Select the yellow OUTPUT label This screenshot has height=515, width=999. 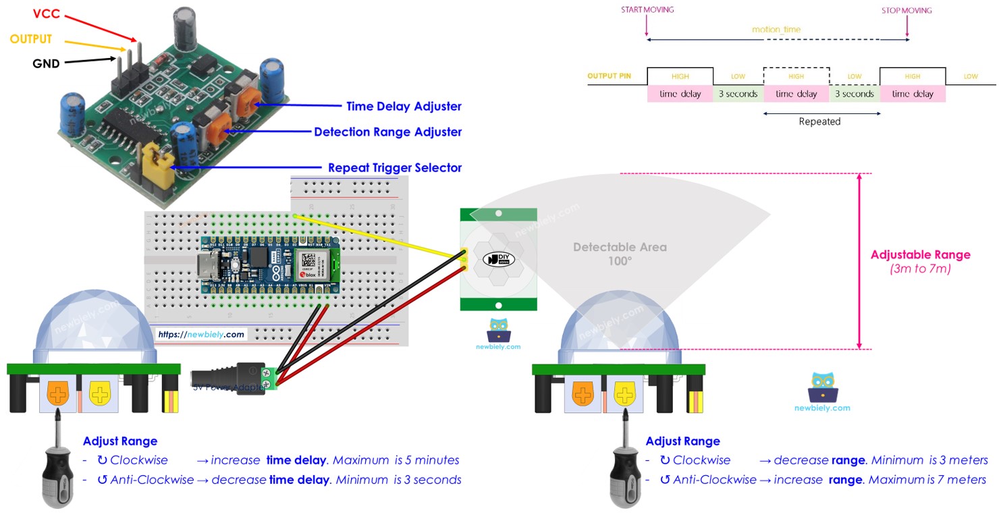[30, 39]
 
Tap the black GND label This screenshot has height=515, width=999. [46, 64]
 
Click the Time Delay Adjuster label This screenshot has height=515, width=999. [404, 106]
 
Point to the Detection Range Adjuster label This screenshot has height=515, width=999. [387, 132]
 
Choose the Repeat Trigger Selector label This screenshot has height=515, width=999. [394, 167]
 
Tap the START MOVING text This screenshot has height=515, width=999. [647, 10]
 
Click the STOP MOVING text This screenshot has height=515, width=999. [906, 10]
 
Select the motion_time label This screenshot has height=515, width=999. [776, 30]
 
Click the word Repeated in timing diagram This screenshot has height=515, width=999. [819, 121]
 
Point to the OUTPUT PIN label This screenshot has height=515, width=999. [609, 76]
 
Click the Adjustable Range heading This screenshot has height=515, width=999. [920, 254]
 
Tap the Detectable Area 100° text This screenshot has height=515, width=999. [619, 253]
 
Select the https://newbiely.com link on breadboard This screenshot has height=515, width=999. [201, 334]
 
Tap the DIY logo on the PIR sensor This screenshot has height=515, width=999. [498, 259]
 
